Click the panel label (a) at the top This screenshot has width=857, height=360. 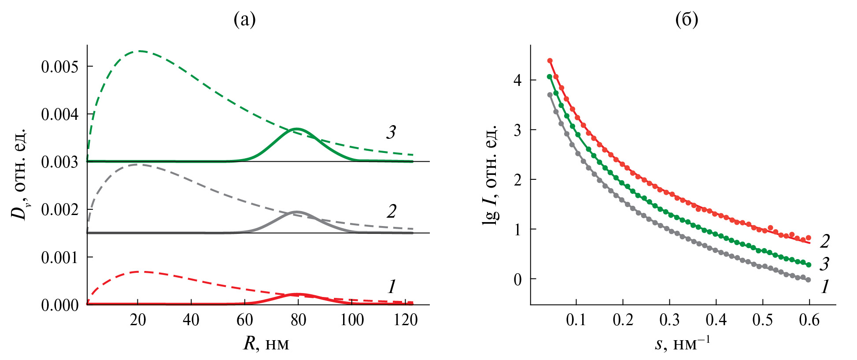point(244,20)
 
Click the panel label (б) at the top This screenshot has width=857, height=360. point(687,20)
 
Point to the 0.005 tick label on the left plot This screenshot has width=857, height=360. point(60,67)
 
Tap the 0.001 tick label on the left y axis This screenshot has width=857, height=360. point(60,257)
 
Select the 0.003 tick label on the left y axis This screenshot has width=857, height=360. point(60,162)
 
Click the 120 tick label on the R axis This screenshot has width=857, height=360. point(405,320)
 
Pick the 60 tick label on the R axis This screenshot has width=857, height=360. point(245,320)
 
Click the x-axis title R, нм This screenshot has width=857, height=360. point(266,344)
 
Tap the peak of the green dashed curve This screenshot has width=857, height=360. point(140,51)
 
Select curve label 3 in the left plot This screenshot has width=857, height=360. point(391,132)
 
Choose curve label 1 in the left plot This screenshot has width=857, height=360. point(392,287)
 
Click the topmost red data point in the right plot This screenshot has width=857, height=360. point(550,61)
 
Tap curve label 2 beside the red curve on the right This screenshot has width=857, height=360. point(824,241)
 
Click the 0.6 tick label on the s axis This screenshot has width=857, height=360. point(809,320)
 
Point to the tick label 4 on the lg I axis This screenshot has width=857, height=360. point(518,80)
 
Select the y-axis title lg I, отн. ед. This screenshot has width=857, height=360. point(490,174)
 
